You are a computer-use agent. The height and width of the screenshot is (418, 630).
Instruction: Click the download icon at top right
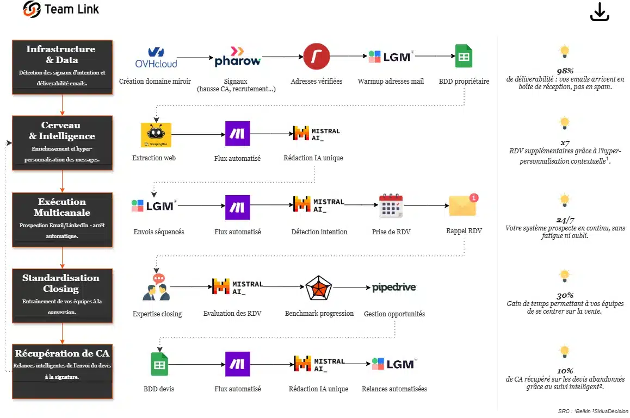(600, 12)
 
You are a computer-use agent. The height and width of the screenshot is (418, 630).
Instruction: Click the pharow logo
(237, 57)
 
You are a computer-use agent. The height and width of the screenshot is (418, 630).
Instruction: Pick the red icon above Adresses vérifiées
(316, 57)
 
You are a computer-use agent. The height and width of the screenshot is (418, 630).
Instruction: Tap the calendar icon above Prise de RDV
(391, 206)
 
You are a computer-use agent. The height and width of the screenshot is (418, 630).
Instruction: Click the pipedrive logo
(394, 287)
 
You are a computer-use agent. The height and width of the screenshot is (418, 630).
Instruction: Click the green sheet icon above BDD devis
(159, 364)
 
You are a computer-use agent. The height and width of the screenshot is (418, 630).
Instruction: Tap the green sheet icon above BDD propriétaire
(464, 56)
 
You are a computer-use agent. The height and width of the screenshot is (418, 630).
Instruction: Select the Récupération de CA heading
(62, 353)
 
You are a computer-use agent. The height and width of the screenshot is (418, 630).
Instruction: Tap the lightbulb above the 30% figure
(564, 276)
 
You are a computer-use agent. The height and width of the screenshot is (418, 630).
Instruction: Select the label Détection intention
(319, 232)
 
